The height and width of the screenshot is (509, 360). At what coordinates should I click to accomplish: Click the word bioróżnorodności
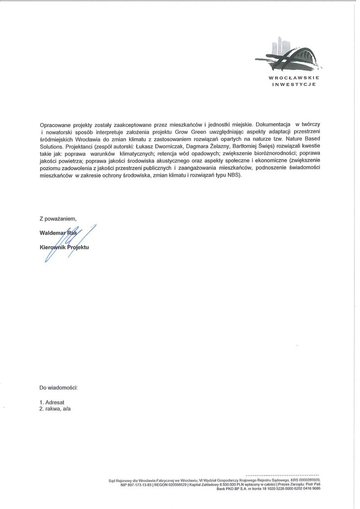273,154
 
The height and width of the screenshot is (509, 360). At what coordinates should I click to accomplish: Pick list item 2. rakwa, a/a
55,409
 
